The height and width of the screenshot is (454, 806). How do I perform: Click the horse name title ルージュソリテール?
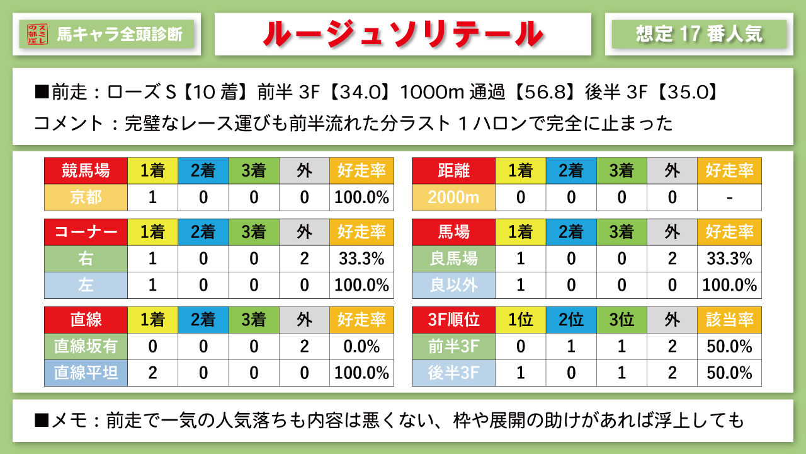click(x=402, y=34)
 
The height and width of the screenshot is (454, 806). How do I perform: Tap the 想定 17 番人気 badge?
click(x=699, y=34)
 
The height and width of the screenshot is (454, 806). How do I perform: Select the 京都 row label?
click(x=86, y=197)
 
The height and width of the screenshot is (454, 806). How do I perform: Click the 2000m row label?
click(x=453, y=197)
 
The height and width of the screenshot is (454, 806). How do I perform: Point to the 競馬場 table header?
click(x=86, y=170)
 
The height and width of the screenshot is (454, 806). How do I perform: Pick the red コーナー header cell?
click(x=86, y=232)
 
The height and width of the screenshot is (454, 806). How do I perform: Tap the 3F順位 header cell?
click(x=453, y=320)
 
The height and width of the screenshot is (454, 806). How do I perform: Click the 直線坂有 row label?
click(x=86, y=346)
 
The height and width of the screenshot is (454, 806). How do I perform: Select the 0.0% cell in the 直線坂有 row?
click(x=361, y=346)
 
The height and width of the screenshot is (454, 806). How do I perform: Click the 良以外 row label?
click(x=453, y=285)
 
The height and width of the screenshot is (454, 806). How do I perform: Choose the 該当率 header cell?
click(x=729, y=320)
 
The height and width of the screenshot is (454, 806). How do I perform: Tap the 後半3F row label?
click(x=453, y=373)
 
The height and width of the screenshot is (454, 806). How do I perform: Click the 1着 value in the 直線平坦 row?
click(x=152, y=373)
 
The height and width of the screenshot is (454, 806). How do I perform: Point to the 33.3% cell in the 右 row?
click(x=361, y=259)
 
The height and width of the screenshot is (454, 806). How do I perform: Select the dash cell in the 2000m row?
click(x=729, y=197)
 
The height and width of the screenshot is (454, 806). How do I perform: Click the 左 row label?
click(x=86, y=285)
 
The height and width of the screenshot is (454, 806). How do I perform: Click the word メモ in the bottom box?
click(x=70, y=420)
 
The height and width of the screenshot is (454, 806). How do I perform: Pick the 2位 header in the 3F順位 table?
click(x=571, y=320)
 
